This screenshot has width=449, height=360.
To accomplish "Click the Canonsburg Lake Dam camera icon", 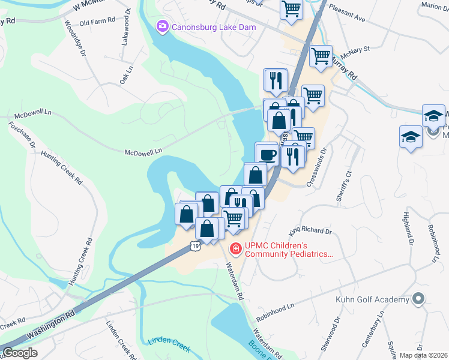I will (162, 26).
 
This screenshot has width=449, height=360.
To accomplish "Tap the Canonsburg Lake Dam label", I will (214, 27).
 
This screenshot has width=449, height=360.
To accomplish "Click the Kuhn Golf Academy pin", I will (419, 299).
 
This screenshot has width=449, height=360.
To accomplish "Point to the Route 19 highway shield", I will (193, 245).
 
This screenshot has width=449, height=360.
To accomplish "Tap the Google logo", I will (20, 353).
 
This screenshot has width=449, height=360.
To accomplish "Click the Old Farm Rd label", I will (97, 22).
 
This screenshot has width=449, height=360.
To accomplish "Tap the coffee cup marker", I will (267, 154).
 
